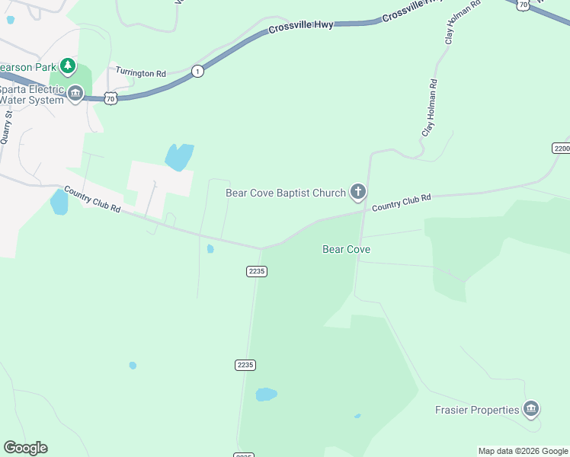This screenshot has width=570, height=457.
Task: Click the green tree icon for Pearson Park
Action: pyautogui.click(x=68, y=66)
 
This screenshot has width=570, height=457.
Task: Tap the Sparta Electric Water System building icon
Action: pyautogui.click(x=75, y=94)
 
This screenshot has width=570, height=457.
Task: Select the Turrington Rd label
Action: pyautogui.click(x=140, y=73)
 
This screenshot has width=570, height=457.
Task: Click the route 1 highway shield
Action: pyautogui.click(x=198, y=71)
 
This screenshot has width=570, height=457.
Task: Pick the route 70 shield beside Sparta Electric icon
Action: pyautogui.click(x=110, y=98)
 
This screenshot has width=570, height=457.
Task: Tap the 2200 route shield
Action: pyautogui.click(x=561, y=148)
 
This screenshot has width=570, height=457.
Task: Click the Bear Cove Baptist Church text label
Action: pyautogui.click(x=285, y=193)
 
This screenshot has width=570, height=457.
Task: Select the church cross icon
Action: pyautogui.click(x=358, y=193)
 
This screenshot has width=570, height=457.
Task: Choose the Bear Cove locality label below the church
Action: pyautogui.click(x=346, y=249)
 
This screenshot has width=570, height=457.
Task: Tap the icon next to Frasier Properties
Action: pyautogui.click(x=531, y=410)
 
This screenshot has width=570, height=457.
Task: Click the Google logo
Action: pyautogui.click(x=25, y=448)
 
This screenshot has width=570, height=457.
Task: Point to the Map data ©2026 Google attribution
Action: pyautogui.click(x=524, y=451)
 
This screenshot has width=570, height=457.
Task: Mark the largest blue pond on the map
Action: pyautogui.click(x=179, y=157)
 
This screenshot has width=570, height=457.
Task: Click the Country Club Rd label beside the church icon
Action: pyautogui.click(x=402, y=202)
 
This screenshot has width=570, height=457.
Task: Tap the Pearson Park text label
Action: pyautogui.click(x=27, y=66)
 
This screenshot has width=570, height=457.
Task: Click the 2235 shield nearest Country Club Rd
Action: pyautogui.click(x=257, y=271)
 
